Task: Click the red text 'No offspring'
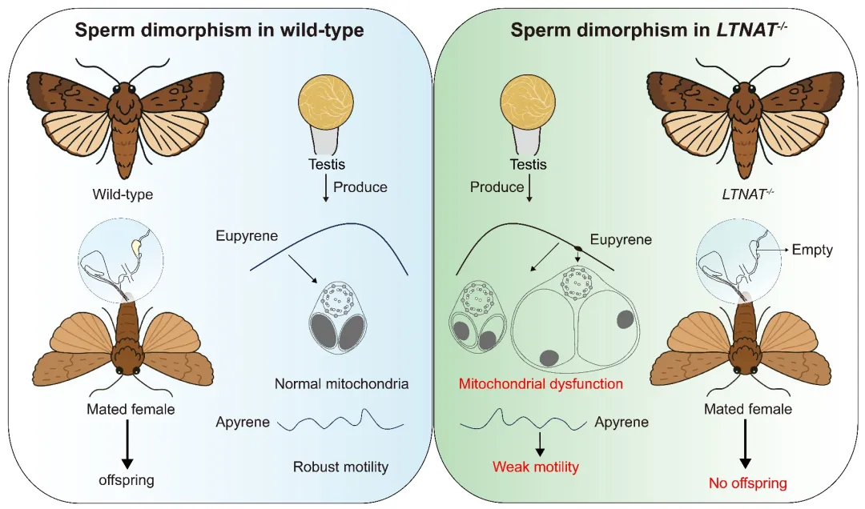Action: (x=748, y=483)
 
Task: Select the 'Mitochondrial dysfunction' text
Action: (x=541, y=384)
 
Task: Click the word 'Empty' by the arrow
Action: (x=812, y=250)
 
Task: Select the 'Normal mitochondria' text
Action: (x=341, y=384)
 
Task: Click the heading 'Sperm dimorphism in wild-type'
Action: (x=219, y=31)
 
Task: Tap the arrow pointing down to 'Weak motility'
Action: (x=540, y=443)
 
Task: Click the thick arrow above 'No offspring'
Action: (x=746, y=445)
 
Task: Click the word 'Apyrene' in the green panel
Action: (x=622, y=421)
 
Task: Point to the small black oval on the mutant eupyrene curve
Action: (x=577, y=249)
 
